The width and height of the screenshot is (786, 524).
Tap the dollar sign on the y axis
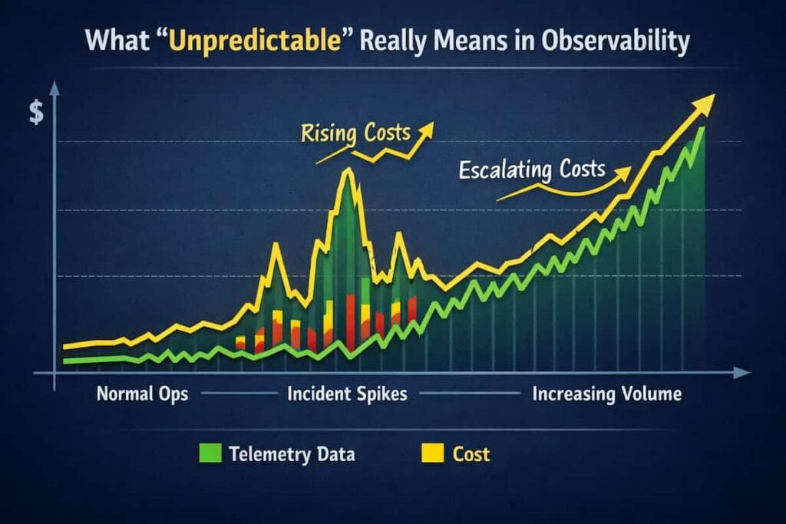pos(36,114)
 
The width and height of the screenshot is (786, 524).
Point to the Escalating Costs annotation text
pos(532,168)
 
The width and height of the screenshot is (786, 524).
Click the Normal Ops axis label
pos(142,394)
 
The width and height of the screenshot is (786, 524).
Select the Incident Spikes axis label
pos(347,394)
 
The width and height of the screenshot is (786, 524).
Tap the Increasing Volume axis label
pos(606,394)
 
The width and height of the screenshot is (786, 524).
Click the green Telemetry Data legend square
pos(209,454)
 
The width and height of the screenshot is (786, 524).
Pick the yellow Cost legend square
pos(434,454)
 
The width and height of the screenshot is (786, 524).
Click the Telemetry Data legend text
pos(292,454)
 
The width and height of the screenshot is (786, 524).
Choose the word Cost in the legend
pos(471,454)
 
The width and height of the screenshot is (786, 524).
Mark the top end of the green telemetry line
pos(700,129)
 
